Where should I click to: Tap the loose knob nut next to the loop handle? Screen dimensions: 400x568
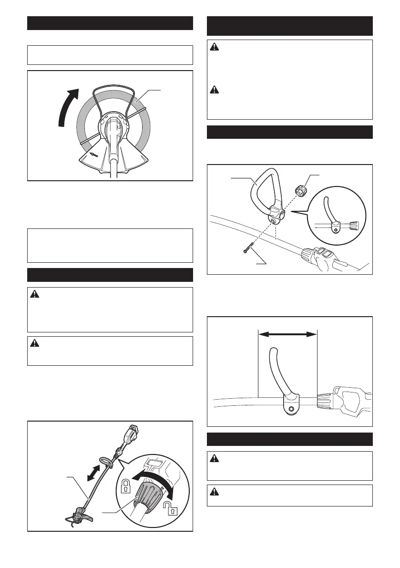tap(300, 191)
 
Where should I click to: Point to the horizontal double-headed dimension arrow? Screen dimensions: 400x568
tap(287, 335)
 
